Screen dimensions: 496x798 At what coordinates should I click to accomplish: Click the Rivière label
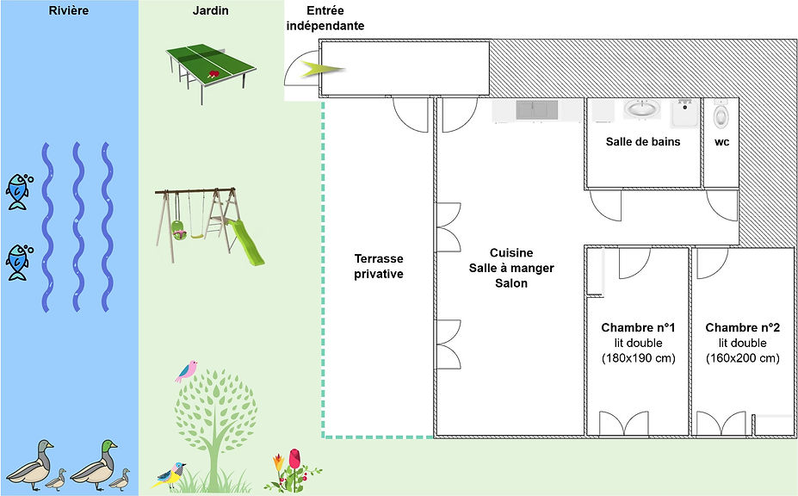click(x=69, y=11)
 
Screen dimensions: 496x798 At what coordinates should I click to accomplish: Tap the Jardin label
click(x=211, y=11)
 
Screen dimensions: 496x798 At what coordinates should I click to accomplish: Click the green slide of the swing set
click(x=246, y=242)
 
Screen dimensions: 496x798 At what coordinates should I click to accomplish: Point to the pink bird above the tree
click(x=186, y=371)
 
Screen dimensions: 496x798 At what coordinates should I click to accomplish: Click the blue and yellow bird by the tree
click(x=170, y=473)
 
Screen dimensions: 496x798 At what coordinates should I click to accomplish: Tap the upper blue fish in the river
click(x=18, y=191)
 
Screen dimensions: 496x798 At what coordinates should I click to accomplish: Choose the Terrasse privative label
click(x=379, y=266)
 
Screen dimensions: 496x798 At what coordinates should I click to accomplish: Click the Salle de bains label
click(x=643, y=142)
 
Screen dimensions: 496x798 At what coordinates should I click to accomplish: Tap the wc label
click(x=721, y=142)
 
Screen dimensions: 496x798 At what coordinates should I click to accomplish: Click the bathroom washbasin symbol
click(x=640, y=110)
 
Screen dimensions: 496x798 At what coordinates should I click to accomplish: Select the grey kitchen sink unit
click(x=535, y=110)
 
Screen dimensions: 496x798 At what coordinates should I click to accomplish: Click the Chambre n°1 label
click(x=638, y=328)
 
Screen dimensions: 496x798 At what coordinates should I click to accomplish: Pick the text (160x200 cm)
click(x=742, y=358)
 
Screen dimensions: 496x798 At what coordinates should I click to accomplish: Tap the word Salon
click(x=510, y=283)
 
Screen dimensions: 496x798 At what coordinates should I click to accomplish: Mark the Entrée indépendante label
click(x=325, y=18)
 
